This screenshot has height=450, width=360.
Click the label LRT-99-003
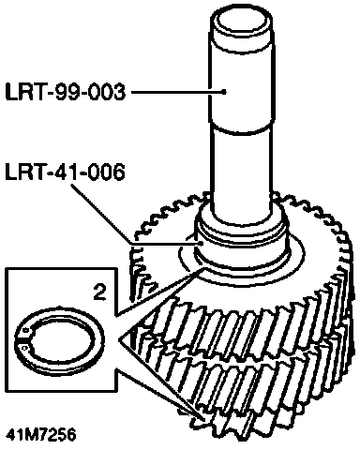click(66, 93)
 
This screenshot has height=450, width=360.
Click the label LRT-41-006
click(65, 172)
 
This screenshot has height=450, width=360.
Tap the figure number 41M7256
click(41, 435)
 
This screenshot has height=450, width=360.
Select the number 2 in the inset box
click(99, 292)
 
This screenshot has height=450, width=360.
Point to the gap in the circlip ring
click(22, 337)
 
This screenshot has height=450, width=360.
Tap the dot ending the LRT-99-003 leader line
click(224, 92)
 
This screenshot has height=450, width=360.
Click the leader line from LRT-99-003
click(177, 92)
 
